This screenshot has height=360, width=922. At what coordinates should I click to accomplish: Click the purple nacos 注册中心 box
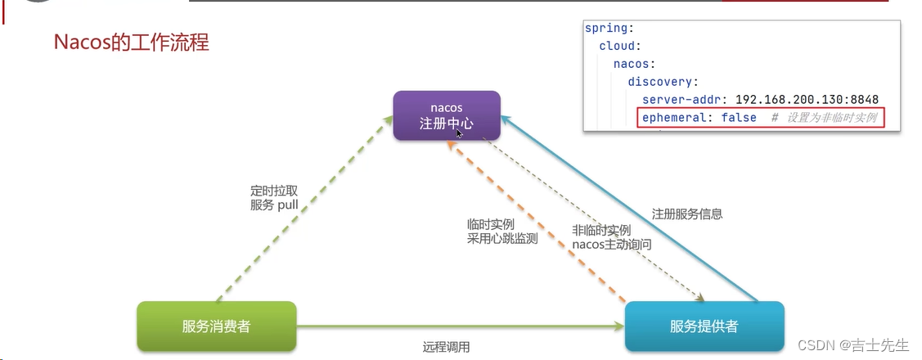click(446, 115)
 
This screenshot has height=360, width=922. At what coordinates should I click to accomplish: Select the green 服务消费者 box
click(216, 326)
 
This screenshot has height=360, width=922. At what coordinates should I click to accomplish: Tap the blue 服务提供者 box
click(704, 326)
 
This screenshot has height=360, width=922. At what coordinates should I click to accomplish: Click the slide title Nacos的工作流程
click(132, 42)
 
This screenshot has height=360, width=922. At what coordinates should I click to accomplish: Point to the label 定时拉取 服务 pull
click(275, 198)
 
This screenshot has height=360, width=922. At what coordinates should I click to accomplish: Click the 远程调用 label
click(446, 347)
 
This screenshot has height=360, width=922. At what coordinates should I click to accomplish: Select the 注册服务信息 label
click(687, 214)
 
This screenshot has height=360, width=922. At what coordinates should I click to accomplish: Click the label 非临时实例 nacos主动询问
click(612, 237)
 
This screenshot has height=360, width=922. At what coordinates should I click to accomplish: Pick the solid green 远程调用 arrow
click(458, 326)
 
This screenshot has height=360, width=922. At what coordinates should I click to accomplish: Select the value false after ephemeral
click(739, 118)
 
